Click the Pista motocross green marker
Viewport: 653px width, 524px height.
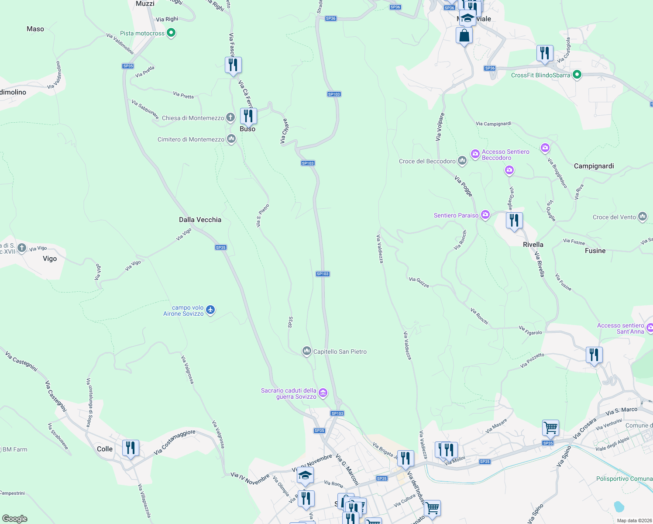(171, 33)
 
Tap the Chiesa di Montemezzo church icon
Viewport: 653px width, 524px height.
(230, 117)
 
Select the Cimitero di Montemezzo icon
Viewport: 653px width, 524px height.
(231, 139)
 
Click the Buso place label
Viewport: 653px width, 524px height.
(247, 129)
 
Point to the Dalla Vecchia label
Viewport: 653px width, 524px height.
(200, 220)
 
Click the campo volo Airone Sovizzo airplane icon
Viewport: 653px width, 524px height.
(210, 310)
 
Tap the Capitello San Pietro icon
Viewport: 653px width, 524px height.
(307, 351)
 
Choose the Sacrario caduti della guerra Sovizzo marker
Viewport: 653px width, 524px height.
(323, 393)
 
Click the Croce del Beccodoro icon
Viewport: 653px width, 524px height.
(462, 161)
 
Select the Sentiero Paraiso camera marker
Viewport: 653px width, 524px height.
(485, 215)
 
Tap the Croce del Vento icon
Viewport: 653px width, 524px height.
(643, 217)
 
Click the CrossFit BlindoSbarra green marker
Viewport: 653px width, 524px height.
(577, 75)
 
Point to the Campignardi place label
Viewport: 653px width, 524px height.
(594, 166)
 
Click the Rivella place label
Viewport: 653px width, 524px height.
(533, 245)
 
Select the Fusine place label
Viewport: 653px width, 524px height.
(595, 251)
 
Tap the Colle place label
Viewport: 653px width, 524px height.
(105, 449)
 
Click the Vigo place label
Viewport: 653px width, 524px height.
(50, 259)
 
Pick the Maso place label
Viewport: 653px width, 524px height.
(35, 29)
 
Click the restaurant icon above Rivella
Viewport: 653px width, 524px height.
(514, 221)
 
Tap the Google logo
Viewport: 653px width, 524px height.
(15, 518)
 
